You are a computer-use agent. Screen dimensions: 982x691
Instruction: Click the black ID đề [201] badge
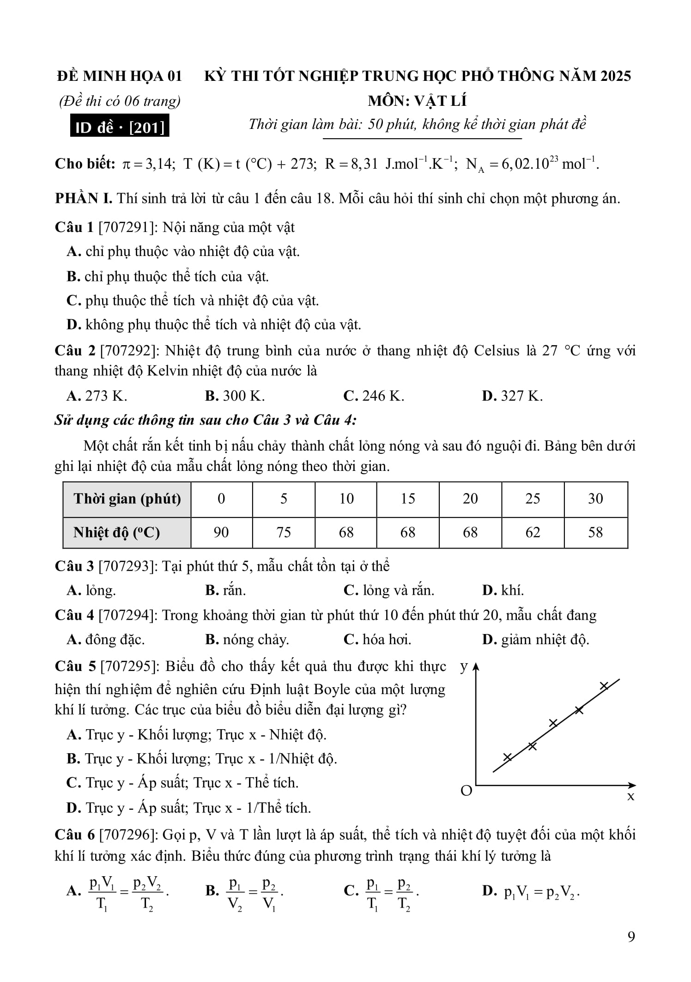120,127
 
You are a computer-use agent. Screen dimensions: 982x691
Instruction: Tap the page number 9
631,936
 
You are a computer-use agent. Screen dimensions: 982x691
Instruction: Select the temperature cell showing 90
221,532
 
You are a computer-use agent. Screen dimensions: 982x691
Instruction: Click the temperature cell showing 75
284,532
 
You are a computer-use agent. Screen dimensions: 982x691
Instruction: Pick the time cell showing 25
533,499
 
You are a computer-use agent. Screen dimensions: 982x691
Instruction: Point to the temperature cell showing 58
595,532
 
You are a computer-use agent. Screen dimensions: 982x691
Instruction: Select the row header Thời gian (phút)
127,499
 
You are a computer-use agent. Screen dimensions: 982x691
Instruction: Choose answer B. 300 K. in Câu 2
235,396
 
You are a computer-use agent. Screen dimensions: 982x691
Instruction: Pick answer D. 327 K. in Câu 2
512,396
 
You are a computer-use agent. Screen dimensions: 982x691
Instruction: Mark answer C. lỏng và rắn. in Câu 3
389,590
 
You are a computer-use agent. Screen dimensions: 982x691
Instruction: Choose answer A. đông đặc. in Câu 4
106,640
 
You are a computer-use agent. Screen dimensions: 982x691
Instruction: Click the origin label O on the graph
467,791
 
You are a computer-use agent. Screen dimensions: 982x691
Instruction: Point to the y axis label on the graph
464,666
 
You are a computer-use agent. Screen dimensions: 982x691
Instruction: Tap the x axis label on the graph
630,796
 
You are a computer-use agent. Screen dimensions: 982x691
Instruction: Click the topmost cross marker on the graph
604,686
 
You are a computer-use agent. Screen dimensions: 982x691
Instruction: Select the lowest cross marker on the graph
508,757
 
